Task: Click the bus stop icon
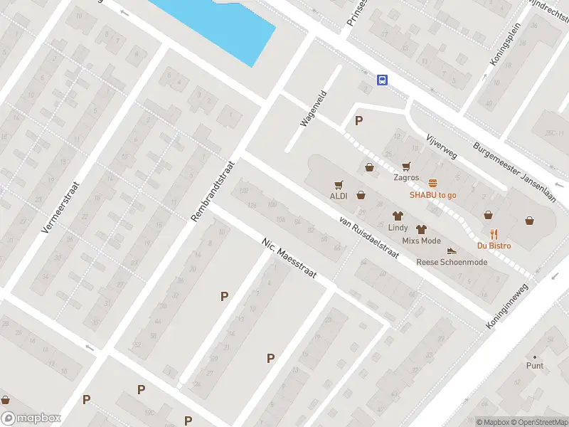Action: tap(383, 80)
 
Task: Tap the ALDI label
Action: tap(338, 196)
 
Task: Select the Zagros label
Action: tap(405, 178)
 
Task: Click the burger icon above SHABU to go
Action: tap(432, 183)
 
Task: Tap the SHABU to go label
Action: tap(432, 195)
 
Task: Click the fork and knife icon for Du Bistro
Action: tap(494, 233)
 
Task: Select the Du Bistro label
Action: tap(494, 246)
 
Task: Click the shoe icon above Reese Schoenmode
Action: tap(452, 251)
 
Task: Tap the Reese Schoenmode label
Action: tap(452, 262)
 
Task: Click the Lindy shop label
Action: tap(398, 228)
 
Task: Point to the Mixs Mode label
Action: tap(421, 241)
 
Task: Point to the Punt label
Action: tap(535, 366)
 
